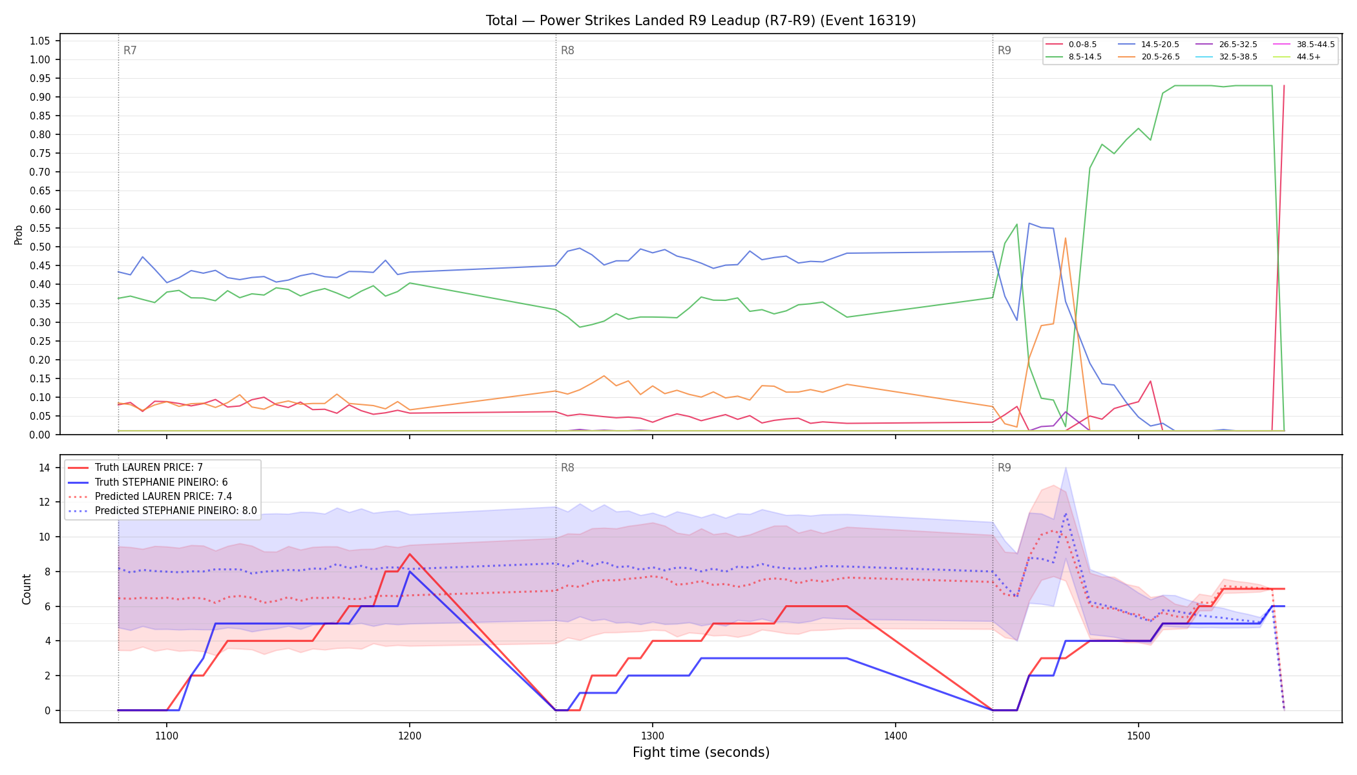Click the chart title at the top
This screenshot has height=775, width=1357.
pyautogui.click(x=701, y=21)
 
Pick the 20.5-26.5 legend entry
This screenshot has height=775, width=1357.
pyautogui.click(x=1149, y=57)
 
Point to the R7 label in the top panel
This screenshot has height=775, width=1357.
pyautogui.click(x=130, y=50)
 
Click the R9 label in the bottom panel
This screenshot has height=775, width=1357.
pyautogui.click(x=1004, y=468)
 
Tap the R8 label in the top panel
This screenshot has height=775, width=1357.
pyautogui.click(x=567, y=50)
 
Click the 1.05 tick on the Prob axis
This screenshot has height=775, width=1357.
pyautogui.click(x=39, y=41)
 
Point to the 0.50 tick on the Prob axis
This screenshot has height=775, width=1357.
pyautogui.click(x=39, y=247)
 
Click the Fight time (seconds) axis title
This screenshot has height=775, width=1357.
pyautogui.click(x=701, y=752)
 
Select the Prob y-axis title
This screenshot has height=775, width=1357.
pyautogui.click(x=19, y=234)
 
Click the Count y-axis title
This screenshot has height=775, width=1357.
pyautogui.click(x=26, y=589)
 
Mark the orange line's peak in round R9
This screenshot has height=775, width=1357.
pyautogui.click(x=1065, y=238)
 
